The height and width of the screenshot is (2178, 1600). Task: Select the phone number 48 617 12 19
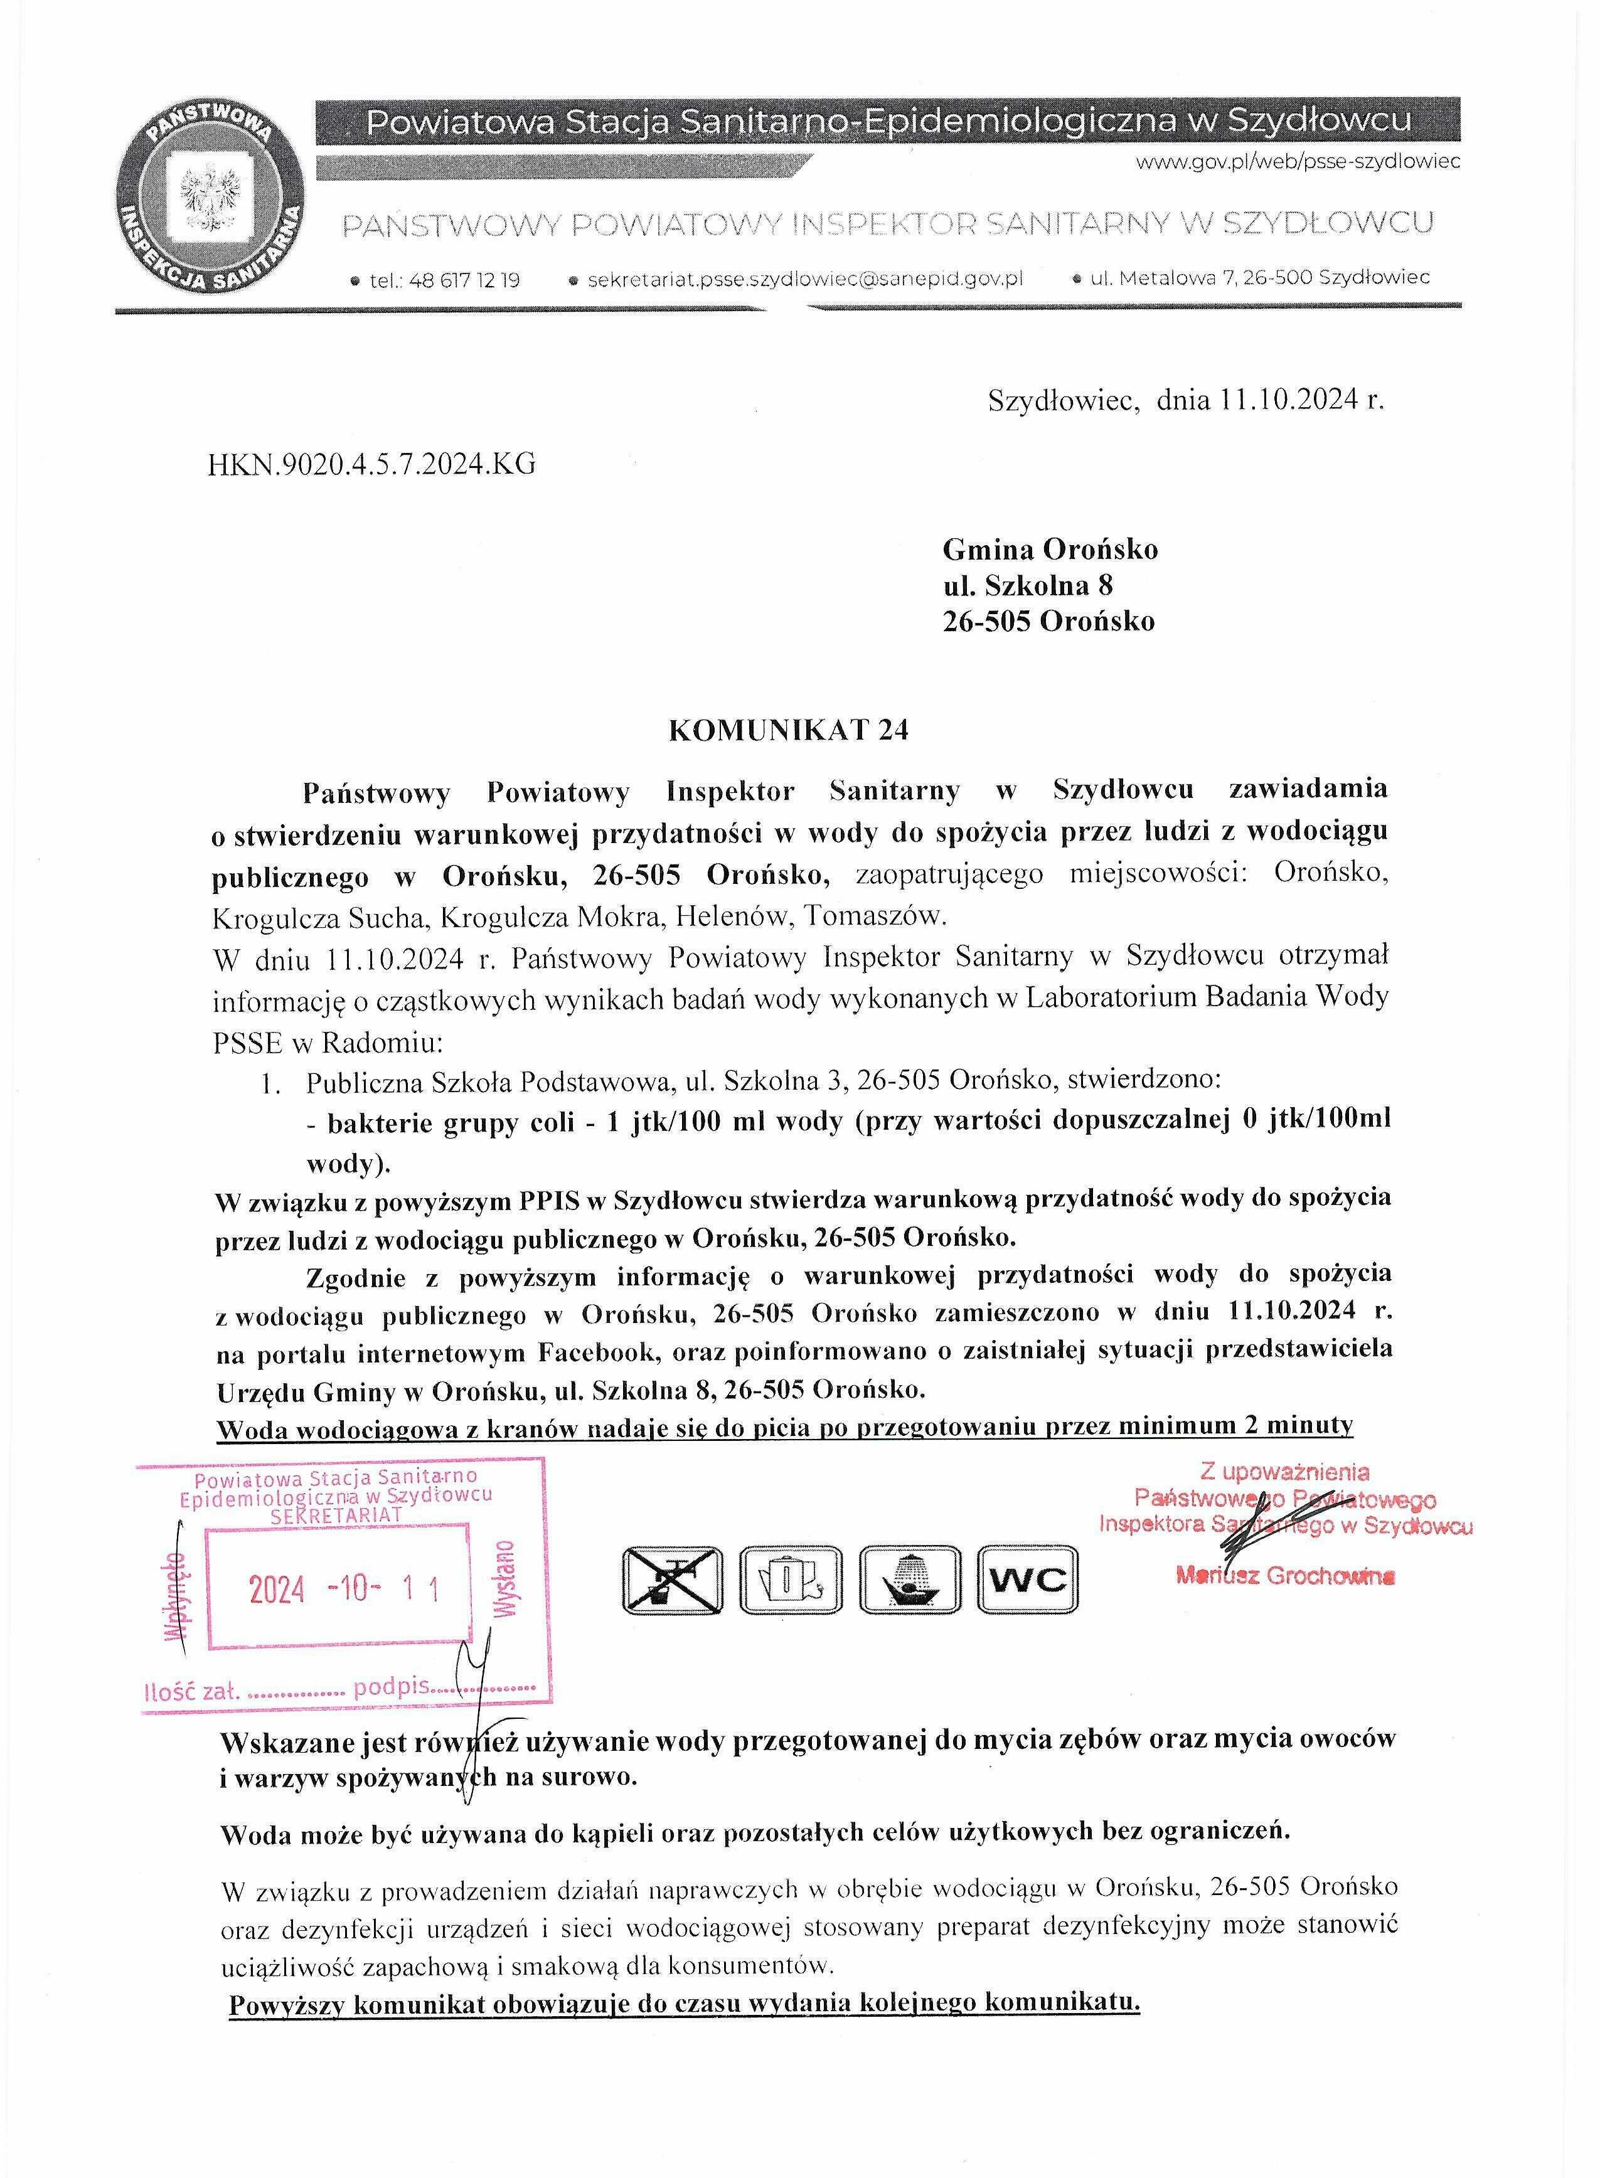tap(465, 281)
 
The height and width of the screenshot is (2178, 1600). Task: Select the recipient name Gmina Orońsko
tap(1050, 550)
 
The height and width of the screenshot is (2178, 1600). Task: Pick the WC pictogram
tap(1028, 1580)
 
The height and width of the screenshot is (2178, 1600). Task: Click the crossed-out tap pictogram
tap(671, 1580)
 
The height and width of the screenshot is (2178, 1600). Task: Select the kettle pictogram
tap(791, 1580)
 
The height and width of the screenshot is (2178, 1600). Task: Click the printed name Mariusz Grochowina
tap(1285, 1576)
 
